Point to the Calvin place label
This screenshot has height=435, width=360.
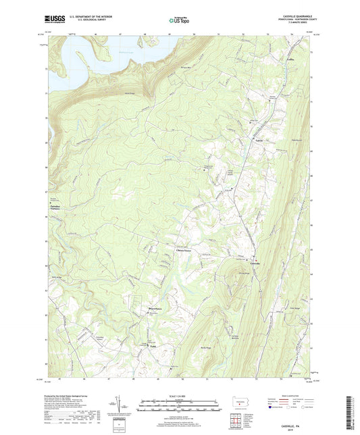click(260, 140)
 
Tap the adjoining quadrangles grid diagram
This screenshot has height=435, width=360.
click(238, 420)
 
